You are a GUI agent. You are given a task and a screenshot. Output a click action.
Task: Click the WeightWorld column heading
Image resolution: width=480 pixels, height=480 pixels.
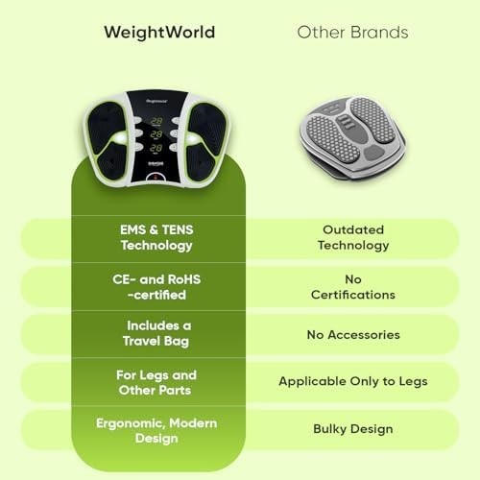(159, 33)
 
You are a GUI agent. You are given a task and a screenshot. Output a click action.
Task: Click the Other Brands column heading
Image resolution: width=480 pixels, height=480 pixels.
(352, 33)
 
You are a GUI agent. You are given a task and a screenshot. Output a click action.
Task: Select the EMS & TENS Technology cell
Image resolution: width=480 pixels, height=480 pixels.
(156, 237)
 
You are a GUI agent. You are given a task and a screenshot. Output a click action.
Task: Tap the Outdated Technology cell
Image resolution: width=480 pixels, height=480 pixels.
(353, 237)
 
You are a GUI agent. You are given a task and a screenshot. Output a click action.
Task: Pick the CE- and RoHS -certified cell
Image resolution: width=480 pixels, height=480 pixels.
(156, 287)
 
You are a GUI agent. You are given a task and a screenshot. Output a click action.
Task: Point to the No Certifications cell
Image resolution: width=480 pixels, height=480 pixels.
(353, 287)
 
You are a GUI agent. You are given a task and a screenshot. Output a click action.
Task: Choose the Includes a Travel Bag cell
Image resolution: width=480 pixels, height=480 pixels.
(156, 333)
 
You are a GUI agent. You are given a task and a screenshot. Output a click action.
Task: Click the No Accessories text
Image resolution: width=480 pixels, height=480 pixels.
(353, 335)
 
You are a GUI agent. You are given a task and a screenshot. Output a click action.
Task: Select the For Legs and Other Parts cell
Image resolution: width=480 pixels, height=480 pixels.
(156, 383)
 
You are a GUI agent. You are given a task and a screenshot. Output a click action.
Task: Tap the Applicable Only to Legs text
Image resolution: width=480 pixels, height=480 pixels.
(353, 381)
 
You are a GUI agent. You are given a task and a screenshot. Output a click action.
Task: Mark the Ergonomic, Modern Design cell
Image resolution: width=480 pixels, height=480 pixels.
(156, 431)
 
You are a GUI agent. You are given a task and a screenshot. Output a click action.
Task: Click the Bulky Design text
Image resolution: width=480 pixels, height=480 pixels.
(353, 429)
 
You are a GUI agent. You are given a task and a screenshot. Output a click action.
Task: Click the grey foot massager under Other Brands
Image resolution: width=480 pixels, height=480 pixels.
(352, 138)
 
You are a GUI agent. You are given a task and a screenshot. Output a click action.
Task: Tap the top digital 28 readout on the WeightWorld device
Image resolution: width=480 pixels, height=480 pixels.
(156, 121)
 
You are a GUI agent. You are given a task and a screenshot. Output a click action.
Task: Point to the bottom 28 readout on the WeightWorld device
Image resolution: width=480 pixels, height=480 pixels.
(156, 148)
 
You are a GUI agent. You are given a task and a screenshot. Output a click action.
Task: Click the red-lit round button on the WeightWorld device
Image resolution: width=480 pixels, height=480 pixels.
(156, 178)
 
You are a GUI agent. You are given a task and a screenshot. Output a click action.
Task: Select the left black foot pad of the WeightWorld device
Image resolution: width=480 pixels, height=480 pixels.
(108, 141)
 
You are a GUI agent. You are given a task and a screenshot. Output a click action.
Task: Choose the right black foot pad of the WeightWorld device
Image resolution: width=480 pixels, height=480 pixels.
(204, 141)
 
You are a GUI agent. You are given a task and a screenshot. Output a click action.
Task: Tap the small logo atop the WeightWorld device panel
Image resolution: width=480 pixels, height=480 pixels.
(156, 102)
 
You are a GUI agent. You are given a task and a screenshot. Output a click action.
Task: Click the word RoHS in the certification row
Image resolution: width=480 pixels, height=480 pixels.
(184, 279)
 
